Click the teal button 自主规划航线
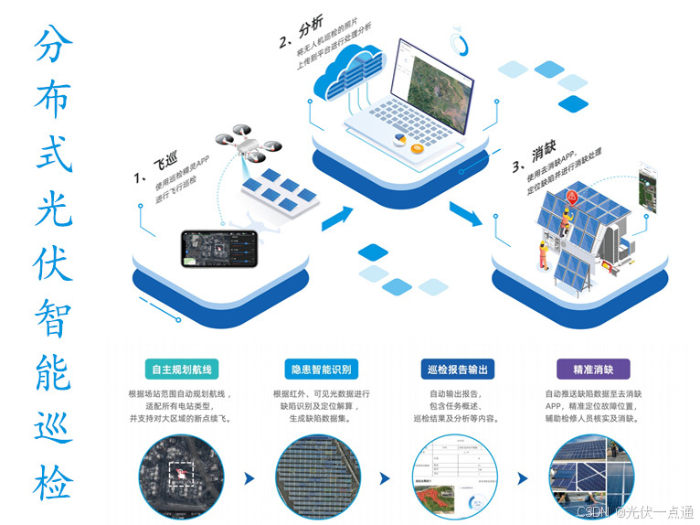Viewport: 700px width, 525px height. point(182,370)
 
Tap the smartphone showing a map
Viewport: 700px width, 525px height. point(217,247)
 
